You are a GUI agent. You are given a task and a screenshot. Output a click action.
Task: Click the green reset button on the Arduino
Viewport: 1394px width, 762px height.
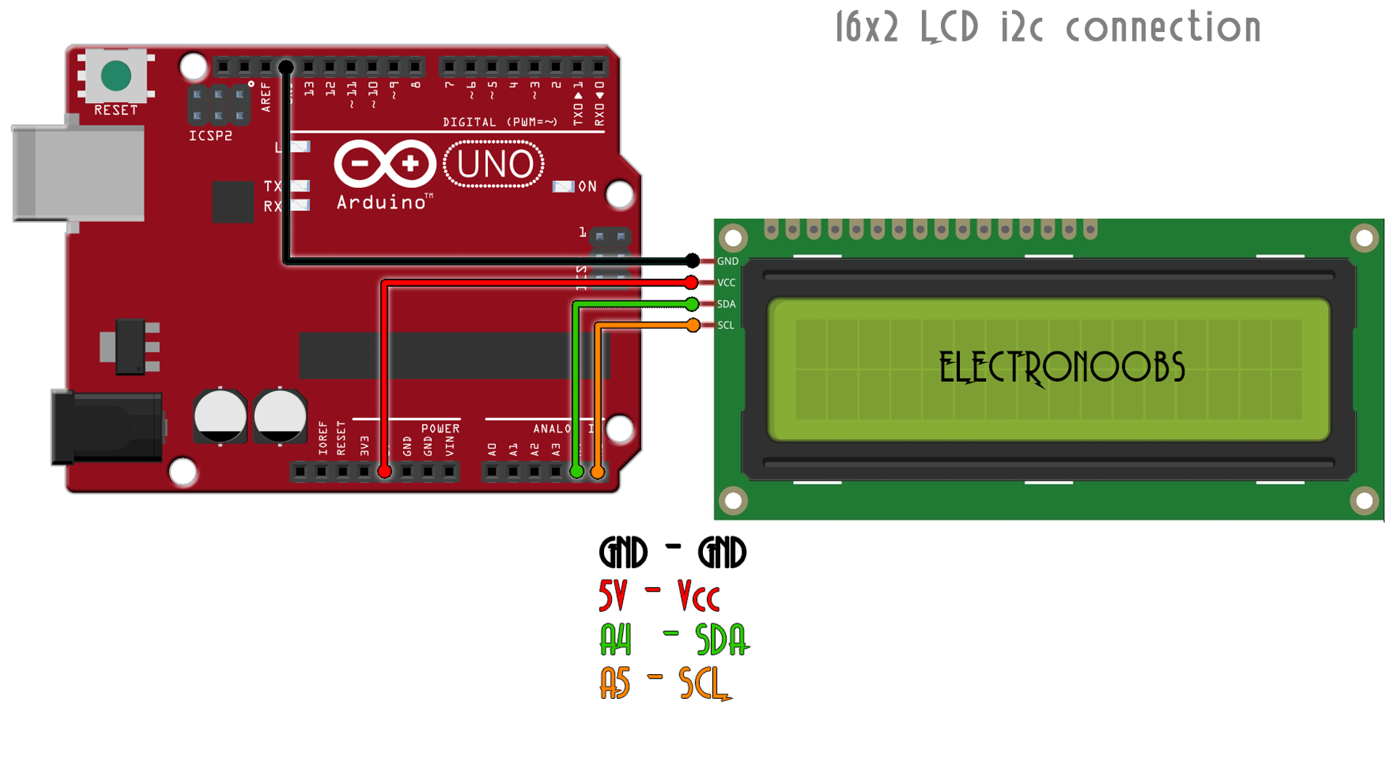[116, 76]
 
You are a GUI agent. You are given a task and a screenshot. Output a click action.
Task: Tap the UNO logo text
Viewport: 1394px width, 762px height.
[494, 165]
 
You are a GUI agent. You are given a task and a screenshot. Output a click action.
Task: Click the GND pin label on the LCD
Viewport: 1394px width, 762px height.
[727, 261]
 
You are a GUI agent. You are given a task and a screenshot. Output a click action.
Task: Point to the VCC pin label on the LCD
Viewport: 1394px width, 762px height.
[726, 282]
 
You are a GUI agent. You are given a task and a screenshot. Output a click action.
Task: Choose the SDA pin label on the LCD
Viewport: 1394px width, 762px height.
[726, 304]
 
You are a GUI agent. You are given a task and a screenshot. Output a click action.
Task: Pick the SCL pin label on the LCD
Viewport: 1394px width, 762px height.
[725, 325]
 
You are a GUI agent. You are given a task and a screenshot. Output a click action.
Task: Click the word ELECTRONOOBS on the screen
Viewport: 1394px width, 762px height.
[1061, 368]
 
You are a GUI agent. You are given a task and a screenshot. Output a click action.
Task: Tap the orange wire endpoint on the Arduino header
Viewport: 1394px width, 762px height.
[597, 472]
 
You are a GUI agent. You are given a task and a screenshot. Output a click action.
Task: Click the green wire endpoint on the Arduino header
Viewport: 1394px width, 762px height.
[576, 472]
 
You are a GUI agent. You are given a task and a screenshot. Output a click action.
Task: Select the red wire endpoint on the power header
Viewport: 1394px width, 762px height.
[385, 472]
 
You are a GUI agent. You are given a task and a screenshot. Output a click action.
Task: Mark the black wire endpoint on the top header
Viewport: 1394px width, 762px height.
[286, 67]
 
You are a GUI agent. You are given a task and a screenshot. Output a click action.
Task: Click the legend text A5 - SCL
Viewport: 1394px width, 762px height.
[664, 684]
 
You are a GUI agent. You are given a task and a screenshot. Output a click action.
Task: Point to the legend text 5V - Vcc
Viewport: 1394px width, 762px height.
[659, 596]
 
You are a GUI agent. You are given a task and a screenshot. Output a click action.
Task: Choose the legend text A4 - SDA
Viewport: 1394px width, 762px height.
[674, 639]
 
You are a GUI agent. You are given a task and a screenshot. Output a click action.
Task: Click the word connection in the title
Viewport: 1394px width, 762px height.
[1163, 28]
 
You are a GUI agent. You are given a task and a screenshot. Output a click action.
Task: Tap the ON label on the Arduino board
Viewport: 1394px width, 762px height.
[587, 187]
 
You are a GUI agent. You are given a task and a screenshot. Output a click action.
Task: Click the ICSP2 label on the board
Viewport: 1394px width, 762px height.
[211, 136]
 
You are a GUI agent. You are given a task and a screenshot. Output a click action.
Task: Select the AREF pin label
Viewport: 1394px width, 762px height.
[266, 97]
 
